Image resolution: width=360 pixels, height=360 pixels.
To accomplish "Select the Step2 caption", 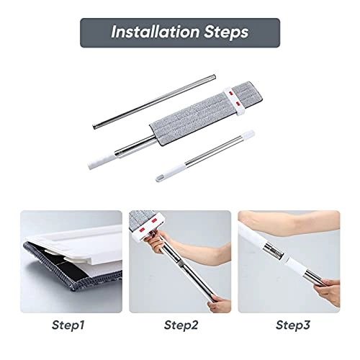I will tap(180, 325).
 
